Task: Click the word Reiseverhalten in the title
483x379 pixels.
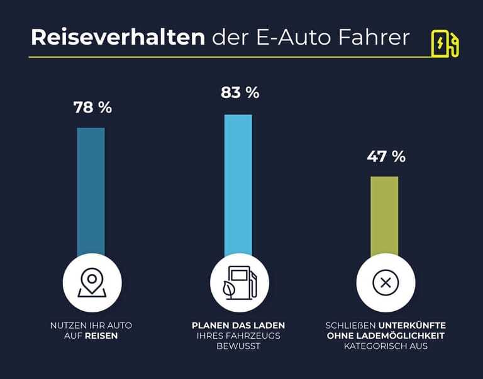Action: point(118,37)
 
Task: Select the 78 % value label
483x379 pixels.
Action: point(92,107)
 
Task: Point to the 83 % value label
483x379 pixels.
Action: point(240,92)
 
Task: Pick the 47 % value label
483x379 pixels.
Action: point(386,157)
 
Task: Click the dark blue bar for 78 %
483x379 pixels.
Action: point(91,189)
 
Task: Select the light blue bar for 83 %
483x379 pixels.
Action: point(238,182)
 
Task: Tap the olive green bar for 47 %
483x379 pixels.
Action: point(384,214)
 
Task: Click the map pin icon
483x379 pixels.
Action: point(91,283)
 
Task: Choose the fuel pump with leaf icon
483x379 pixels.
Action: point(238,283)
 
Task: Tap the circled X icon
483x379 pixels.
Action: point(386,283)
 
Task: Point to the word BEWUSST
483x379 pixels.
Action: point(238,346)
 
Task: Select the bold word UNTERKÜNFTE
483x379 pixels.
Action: point(412,325)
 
